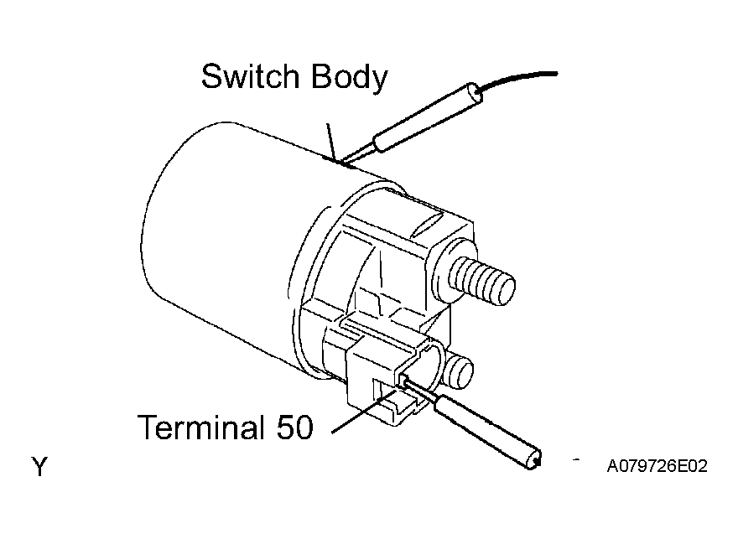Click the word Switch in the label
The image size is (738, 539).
pyautogui.click(x=250, y=76)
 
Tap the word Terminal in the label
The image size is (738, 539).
pyautogui.click(x=200, y=427)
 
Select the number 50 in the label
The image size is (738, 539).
pyautogui.click(x=294, y=427)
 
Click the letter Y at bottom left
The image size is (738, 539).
pyautogui.click(x=39, y=467)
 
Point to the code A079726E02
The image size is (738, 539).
pyautogui.click(x=657, y=466)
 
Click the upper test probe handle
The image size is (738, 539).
pyautogui.click(x=428, y=117)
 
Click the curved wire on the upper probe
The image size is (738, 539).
pyautogui.click(x=517, y=78)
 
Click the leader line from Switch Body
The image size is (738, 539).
pyautogui.click(x=332, y=141)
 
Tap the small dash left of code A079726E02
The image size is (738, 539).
pyautogui.click(x=576, y=459)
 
